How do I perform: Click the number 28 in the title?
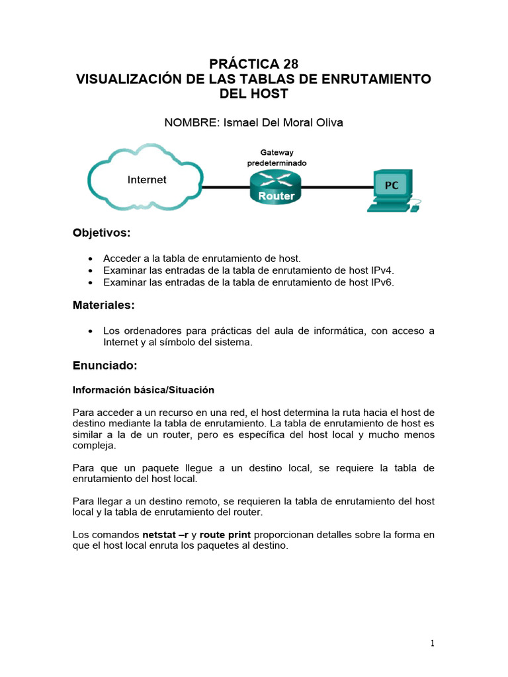[291, 64]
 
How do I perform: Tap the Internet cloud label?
[146, 180]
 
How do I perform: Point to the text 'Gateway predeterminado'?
[276, 157]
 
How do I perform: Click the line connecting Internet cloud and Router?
[225, 187]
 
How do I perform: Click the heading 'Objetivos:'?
[102, 233]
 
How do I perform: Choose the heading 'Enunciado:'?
[105, 366]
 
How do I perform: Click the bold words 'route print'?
[226, 534]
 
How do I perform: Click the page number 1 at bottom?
[432, 643]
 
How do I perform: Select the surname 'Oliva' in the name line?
[329, 122]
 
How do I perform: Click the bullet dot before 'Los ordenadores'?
[90, 331]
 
